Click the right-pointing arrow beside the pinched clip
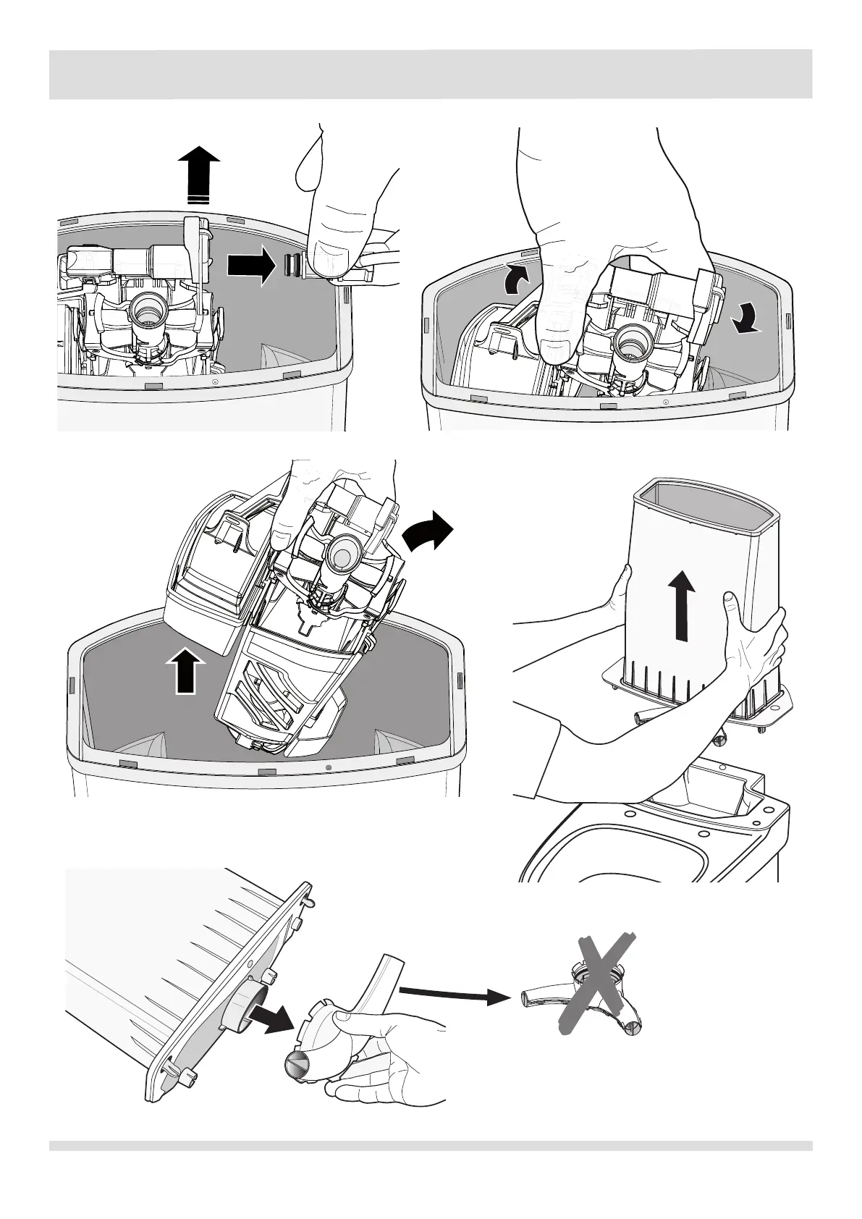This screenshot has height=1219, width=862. pos(251,266)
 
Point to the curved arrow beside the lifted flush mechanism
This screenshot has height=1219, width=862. pos(427,532)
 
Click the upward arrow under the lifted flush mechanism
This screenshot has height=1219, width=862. pos(186,670)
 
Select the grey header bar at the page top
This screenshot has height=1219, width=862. pos(431,74)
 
